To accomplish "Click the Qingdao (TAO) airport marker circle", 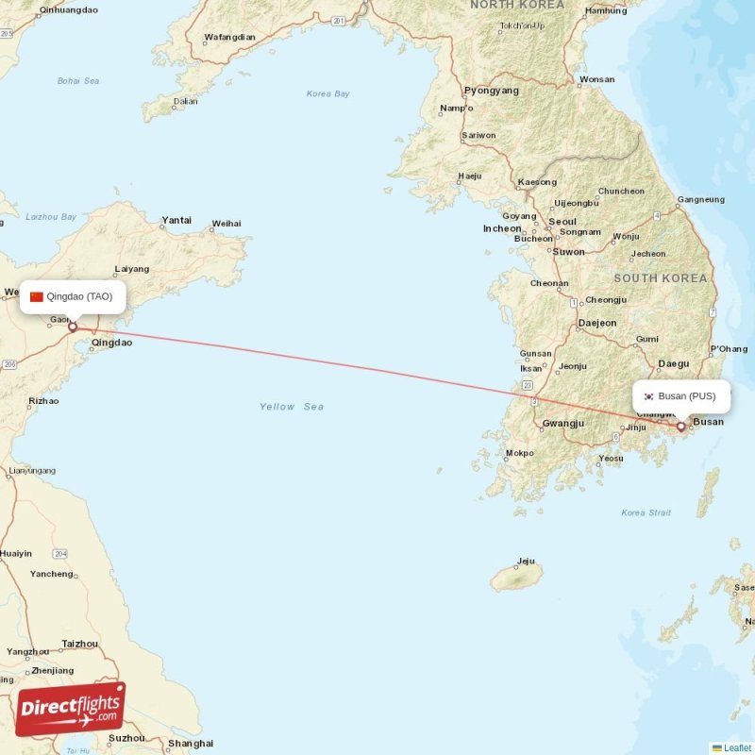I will pyautogui.click(x=72, y=327).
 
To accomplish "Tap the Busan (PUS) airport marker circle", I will pyautogui.click(x=681, y=427).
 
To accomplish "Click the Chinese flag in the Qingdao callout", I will pyautogui.click(x=37, y=296).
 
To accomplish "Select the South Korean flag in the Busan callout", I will pyautogui.click(x=648, y=396).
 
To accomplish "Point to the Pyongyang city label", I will pyautogui.click(x=492, y=91).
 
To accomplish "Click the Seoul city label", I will pyautogui.click(x=562, y=222).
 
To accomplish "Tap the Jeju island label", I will pyautogui.click(x=527, y=562).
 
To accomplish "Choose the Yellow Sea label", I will pyautogui.click(x=292, y=407).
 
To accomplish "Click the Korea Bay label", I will pyautogui.click(x=328, y=93).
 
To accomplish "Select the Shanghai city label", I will pyautogui.click(x=191, y=743).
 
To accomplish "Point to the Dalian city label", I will pyautogui.click(x=186, y=101).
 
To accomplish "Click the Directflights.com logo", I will pyautogui.click(x=71, y=709).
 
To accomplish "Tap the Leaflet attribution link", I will pyautogui.click(x=737, y=747).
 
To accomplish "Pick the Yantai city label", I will pyautogui.click(x=176, y=220).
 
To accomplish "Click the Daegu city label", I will pyautogui.click(x=674, y=363).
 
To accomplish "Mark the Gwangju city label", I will pyautogui.click(x=563, y=424).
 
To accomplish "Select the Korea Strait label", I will pyautogui.click(x=646, y=512).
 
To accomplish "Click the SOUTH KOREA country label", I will pyautogui.click(x=661, y=278).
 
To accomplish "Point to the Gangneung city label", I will pyautogui.click(x=701, y=199).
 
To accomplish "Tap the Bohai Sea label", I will pyautogui.click(x=78, y=81).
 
